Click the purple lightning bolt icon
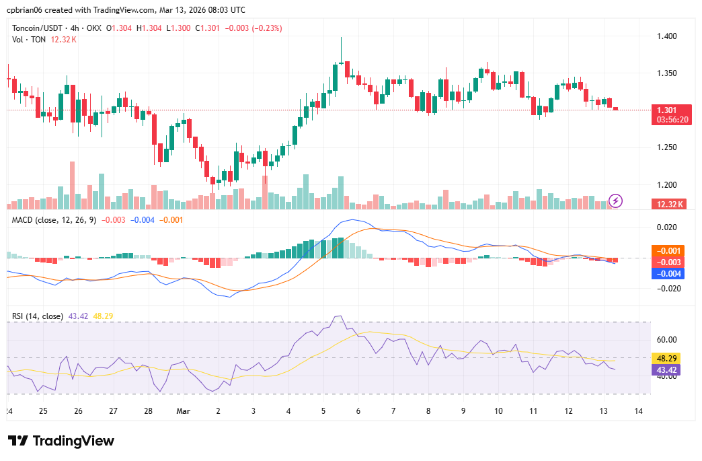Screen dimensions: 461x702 [616, 201]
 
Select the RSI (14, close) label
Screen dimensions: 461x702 [38, 316]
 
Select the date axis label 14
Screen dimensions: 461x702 [638, 411]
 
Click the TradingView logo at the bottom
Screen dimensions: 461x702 [61, 441]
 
